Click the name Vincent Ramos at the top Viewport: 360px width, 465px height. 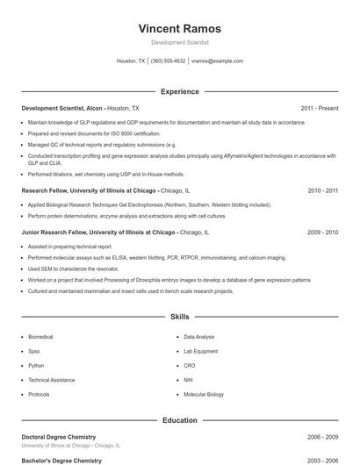[179, 28]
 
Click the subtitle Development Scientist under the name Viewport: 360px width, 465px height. [179, 42]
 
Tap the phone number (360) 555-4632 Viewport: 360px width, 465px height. [169, 61]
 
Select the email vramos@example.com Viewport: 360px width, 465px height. [217, 61]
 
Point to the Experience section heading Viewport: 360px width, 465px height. [179, 91]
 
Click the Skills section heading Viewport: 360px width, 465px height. [179, 316]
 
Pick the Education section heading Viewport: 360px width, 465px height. [179, 420]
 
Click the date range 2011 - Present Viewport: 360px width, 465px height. [319, 108]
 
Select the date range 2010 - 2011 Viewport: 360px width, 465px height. [322, 190]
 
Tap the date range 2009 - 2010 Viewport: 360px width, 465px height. [322, 232]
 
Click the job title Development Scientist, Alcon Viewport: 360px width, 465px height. [62, 108]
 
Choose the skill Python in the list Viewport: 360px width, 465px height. [36, 365]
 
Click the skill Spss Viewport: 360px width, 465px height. [33, 351]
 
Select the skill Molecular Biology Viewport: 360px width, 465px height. [204, 394]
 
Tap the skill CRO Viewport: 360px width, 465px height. [190, 365]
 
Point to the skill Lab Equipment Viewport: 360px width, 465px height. [200, 351]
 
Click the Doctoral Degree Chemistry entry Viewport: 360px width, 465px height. [58, 437]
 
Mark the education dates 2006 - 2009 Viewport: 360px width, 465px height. [322, 437]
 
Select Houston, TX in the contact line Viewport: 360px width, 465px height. [131, 61]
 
